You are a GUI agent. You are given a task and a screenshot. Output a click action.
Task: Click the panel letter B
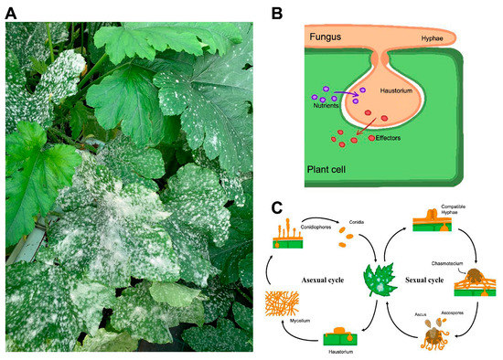[277, 13]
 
